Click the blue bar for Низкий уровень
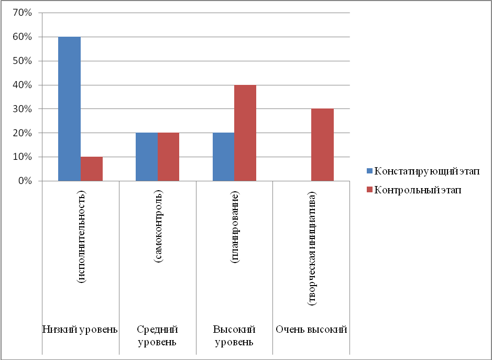point(69,109)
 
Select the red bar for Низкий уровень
point(92,169)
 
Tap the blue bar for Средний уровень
point(147,157)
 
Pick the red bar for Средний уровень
point(169,157)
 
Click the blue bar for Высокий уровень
point(224,157)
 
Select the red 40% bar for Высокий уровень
point(246,133)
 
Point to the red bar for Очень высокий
point(323,145)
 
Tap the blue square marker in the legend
point(369,170)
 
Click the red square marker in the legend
point(369,190)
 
